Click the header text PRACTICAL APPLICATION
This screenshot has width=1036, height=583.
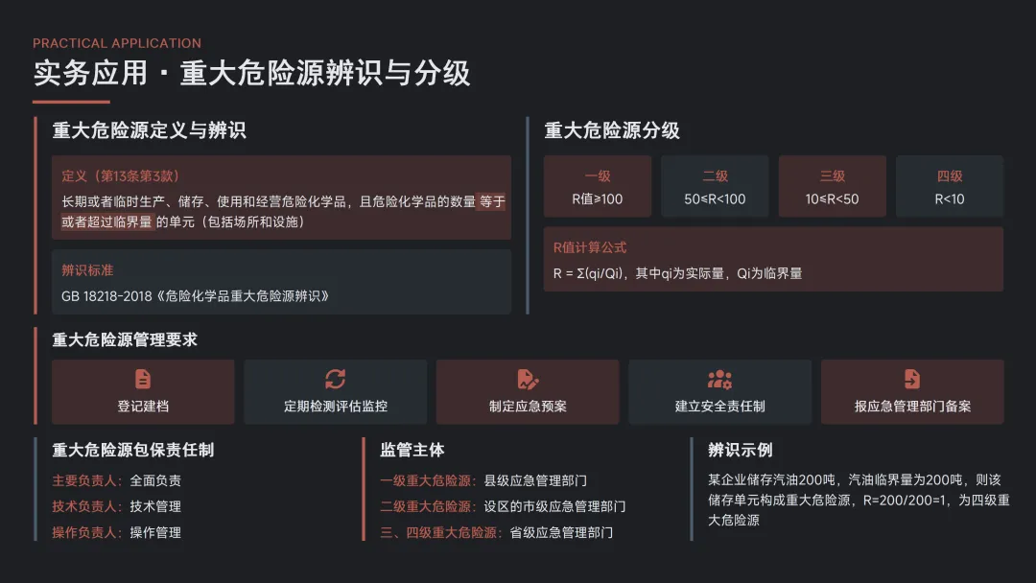(117, 43)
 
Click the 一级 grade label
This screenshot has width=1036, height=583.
(598, 176)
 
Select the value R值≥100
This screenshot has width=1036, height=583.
(598, 199)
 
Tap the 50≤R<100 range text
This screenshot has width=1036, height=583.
(715, 199)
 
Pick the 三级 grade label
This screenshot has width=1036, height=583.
(832, 176)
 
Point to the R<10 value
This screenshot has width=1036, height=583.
(950, 199)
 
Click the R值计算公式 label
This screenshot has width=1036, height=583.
(590, 247)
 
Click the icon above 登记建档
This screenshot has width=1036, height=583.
(143, 379)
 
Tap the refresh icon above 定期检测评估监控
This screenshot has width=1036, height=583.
(335, 379)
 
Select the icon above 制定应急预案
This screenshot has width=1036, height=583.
(528, 379)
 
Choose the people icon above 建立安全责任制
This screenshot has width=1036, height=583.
(719, 379)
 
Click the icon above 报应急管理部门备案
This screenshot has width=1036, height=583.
(912, 379)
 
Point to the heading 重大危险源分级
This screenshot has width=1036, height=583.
(612, 131)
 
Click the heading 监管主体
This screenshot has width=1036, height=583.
(412, 450)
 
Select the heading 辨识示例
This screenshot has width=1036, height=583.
(741, 450)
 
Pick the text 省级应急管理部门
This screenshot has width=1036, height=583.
(561, 532)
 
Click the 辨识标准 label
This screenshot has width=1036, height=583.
(87, 270)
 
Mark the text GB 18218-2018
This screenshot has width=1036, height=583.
(107, 296)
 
